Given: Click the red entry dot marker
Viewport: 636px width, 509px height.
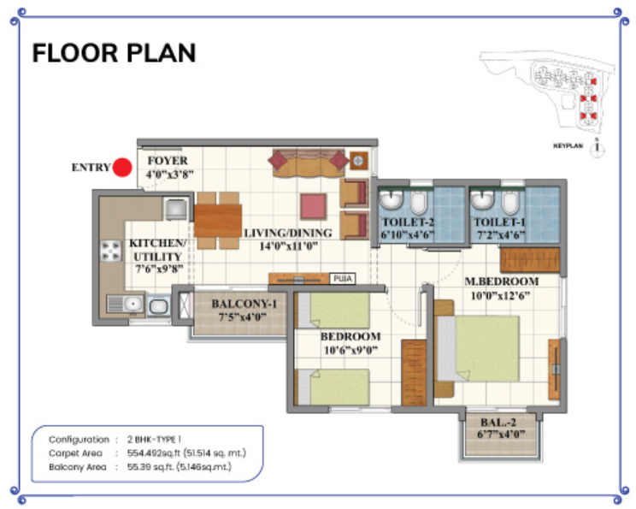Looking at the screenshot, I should point(122,168).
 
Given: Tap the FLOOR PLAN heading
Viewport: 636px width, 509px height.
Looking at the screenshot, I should point(114,53).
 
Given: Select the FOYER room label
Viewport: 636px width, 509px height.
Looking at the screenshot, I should point(168,161).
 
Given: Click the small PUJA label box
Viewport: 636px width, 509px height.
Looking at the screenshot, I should point(341,278).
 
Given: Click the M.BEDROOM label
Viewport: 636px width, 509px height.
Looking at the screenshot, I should point(502,281).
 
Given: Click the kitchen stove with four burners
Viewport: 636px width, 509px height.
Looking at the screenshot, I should point(112,251).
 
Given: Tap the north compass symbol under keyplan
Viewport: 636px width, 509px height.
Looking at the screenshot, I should point(598,148).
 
